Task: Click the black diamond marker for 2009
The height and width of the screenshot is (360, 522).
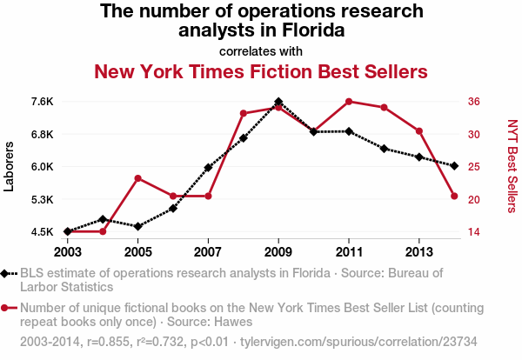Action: [278, 102]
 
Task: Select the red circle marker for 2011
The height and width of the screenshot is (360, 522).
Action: [349, 102]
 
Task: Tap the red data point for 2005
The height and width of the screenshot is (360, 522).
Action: [138, 178]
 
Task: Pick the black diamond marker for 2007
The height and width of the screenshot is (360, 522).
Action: [208, 167]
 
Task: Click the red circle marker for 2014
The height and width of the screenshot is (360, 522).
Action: [454, 196]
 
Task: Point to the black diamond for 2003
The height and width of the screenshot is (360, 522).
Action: [68, 231]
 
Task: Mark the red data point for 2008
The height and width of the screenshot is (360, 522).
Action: [244, 114]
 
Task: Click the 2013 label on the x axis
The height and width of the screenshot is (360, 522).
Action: [419, 251]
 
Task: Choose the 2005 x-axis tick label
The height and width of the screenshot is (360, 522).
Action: [138, 251]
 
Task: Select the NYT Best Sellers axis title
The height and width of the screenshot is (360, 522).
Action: [512, 166]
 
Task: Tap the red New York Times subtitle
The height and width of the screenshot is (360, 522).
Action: [261, 70]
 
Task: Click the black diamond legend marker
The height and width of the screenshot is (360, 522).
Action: [7, 273]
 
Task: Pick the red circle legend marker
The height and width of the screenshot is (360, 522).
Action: [7, 307]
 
